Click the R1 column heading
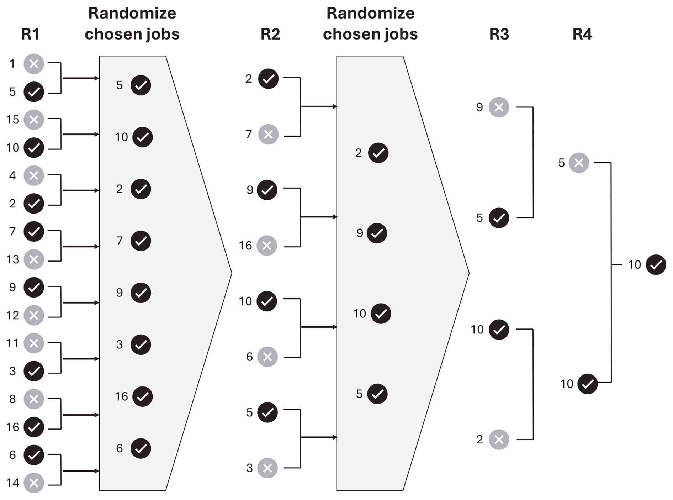[30, 34]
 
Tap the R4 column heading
[582, 34]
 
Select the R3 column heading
[499, 34]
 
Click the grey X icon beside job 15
[34, 120]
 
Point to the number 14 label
[12, 483]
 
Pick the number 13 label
[12, 259]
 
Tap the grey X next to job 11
[34, 343]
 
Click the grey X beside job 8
[34, 399]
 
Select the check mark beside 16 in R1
[34, 427]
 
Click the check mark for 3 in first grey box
[141, 344]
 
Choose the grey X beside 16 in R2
[267, 246]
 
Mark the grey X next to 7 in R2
[268, 135]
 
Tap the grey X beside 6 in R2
[267, 357]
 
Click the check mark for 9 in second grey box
[377, 233]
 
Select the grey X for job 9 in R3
[499, 107]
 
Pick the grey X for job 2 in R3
[499, 440]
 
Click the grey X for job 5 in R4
[579, 163]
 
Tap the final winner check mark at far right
[656, 265]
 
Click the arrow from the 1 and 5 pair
[81, 78]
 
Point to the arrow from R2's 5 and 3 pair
[319, 437]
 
